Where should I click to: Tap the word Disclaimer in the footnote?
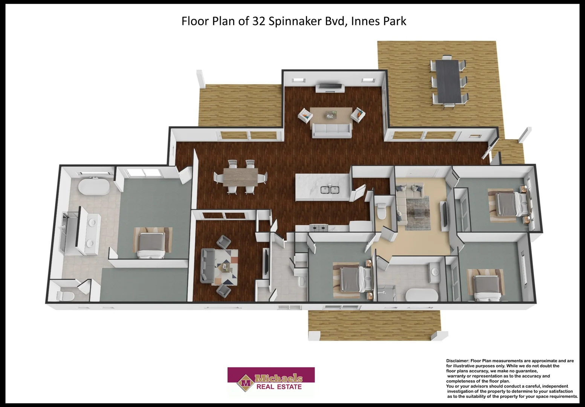(457, 361)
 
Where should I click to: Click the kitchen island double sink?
(330, 189)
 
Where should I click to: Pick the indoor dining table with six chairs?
(241, 177)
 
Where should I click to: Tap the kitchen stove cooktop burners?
(319, 228)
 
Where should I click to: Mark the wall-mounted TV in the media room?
(265, 262)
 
